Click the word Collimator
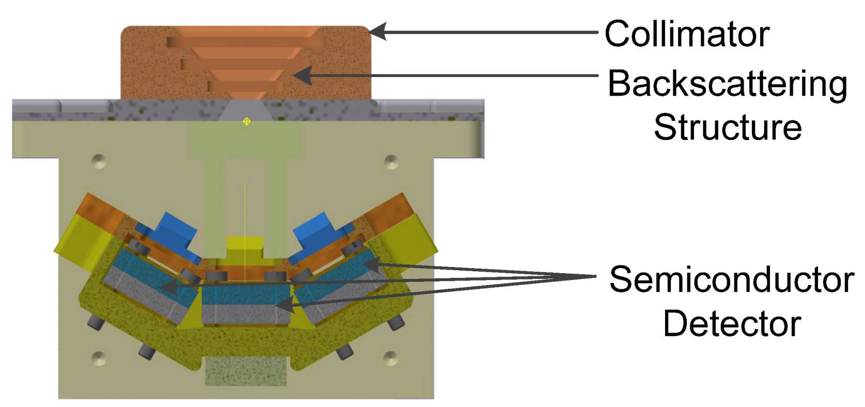687,34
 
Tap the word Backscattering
727,84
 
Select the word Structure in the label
728,127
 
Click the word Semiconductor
732,279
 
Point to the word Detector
732,324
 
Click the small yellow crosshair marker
246,121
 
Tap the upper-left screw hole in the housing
98,161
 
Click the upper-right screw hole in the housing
392,162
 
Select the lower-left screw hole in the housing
98,358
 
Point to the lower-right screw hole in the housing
391,357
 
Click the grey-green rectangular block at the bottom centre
245,372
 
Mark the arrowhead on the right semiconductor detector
371,264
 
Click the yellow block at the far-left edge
78,240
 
